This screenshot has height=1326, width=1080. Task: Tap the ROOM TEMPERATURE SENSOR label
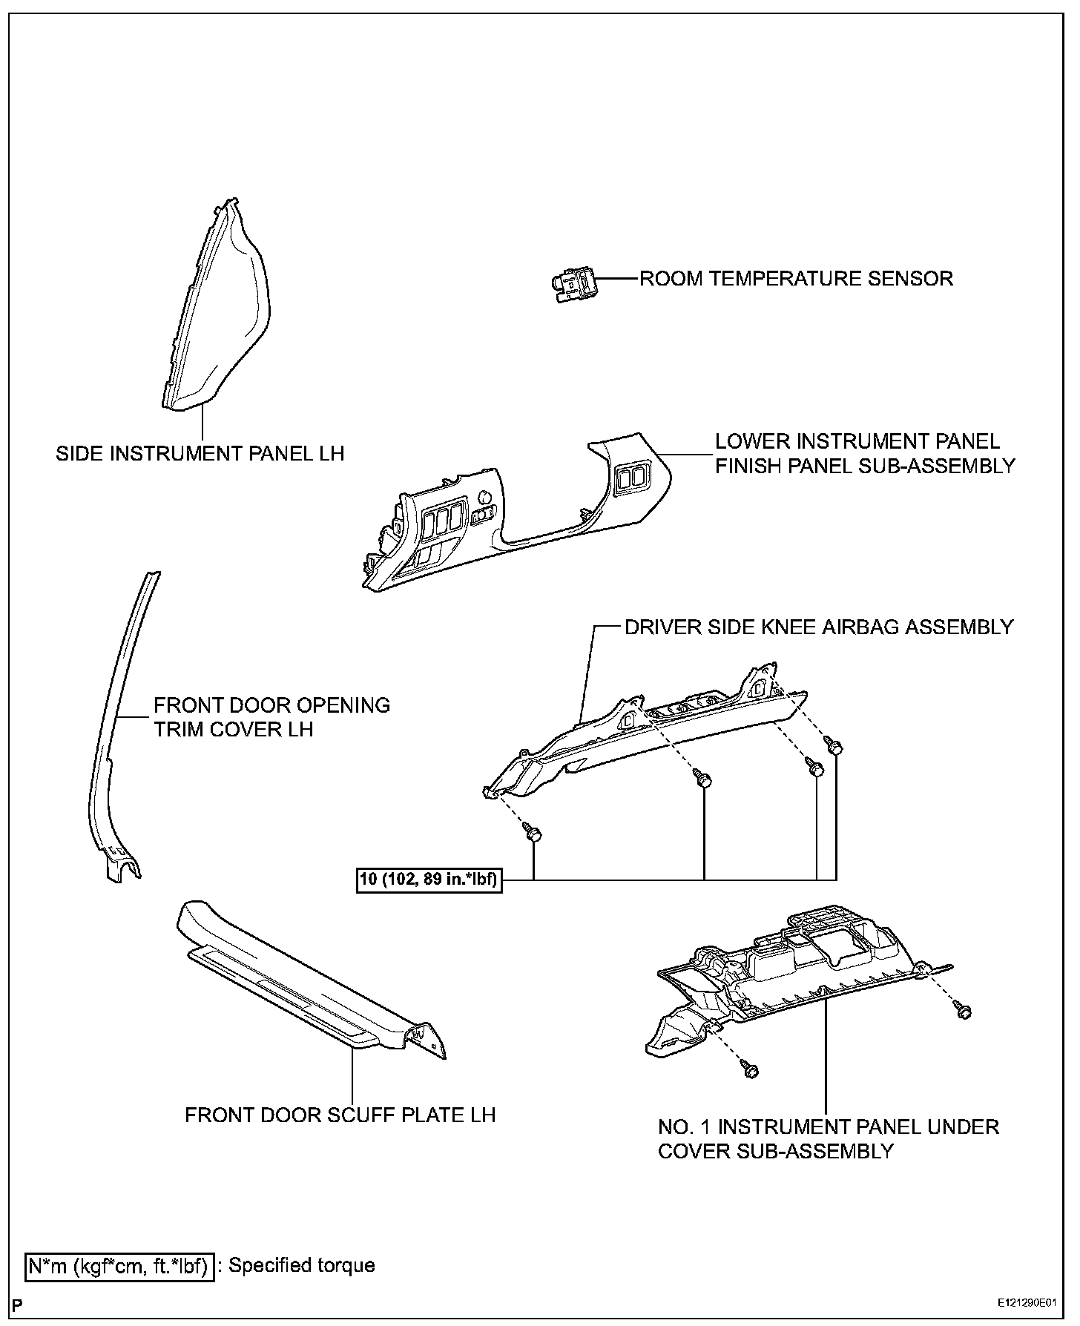pos(796,279)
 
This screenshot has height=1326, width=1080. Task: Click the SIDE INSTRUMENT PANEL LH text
pos(200,453)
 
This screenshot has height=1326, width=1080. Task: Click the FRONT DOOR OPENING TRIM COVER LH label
pos(271,717)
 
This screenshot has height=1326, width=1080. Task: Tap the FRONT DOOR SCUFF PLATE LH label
pos(340,1115)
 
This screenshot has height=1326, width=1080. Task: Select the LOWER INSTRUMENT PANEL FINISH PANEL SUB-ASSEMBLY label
pos(864,453)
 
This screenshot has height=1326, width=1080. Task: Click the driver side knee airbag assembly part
pos(638,734)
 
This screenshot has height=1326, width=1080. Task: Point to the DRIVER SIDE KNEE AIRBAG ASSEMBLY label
pos(818,627)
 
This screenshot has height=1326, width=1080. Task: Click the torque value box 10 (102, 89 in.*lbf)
pos(429,880)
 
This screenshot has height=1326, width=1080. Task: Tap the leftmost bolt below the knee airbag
pos(532,832)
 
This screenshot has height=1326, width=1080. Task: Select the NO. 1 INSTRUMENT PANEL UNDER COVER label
pos(828,1138)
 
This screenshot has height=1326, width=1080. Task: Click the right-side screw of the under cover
pos(964,1011)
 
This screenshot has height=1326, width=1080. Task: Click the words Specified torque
pos(301,1265)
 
